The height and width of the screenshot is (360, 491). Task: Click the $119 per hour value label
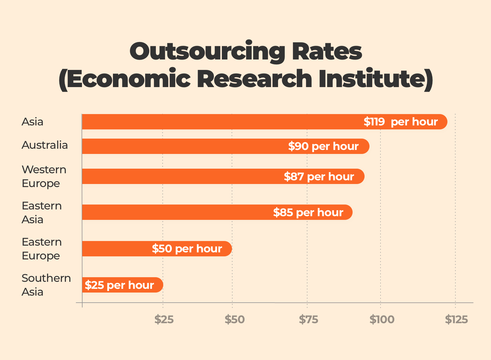[x=400, y=122]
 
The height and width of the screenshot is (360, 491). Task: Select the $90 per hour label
[x=323, y=146]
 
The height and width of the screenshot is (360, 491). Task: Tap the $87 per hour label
[x=319, y=177]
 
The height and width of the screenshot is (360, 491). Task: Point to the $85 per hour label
[x=308, y=213]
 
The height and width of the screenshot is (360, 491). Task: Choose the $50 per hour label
[x=187, y=249]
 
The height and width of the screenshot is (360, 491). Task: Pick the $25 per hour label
[x=119, y=285]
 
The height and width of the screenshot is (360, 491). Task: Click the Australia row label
[x=45, y=145]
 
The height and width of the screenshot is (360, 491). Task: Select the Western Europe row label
[x=44, y=176]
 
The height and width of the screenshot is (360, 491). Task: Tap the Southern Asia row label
[x=46, y=285]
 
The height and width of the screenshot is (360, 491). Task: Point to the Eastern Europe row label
[x=42, y=249]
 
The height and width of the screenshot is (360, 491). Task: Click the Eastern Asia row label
[x=42, y=213]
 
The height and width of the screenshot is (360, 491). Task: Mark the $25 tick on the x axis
[x=164, y=320]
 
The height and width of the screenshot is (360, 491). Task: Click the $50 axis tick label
[x=234, y=320]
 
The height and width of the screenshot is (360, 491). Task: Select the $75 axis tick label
[x=308, y=320]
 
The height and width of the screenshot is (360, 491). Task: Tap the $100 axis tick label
[x=382, y=320]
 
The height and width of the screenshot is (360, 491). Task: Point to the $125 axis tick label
[x=456, y=320]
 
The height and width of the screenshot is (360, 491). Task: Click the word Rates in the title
[x=327, y=52]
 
